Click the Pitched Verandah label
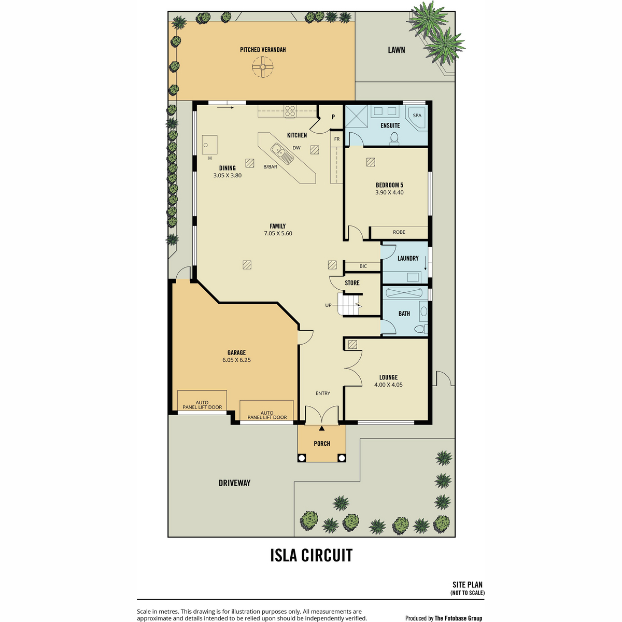(x=263, y=50)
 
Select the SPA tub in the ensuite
(x=418, y=118)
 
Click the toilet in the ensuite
(x=394, y=138)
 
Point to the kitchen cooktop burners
(x=290, y=111)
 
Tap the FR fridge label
(x=337, y=139)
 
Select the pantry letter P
(x=333, y=117)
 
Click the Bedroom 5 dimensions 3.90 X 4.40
(x=389, y=192)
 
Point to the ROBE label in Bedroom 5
(x=399, y=232)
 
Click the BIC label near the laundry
(x=363, y=266)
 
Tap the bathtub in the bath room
(x=403, y=293)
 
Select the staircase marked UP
(x=349, y=304)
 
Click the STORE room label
(x=352, y=283)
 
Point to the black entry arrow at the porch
(x=321, y=428)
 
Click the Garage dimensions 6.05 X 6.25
(x=236, y=360)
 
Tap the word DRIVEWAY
(x=234, y=483)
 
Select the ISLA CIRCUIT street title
(x=311, y=555)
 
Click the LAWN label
(x=397, y=50)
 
